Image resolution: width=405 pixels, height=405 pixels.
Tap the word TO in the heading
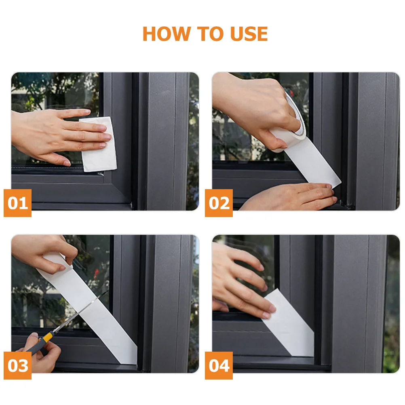pos(210,34)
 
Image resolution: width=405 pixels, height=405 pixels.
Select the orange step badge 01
pos(17,203)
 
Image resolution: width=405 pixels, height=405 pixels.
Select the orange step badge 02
pos(219,203)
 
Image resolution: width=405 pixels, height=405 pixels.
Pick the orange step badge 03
pos(17,365)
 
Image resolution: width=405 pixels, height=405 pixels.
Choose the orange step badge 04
pos(219,365)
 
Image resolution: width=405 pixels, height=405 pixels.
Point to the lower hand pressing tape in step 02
pos(291,197)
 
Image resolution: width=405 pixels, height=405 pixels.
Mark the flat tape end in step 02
pos(315,166)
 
